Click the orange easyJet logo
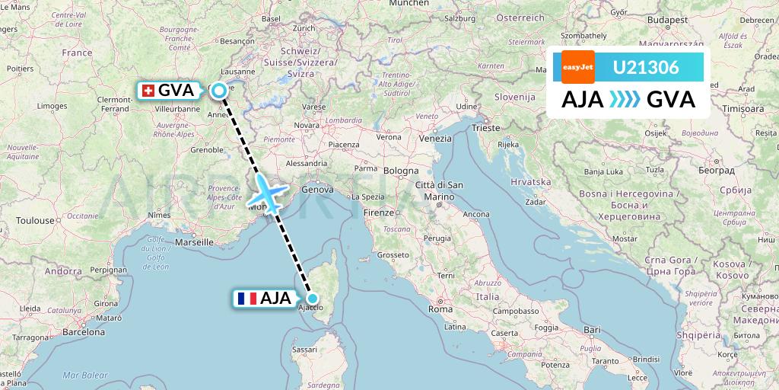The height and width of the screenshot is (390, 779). [x=577, y=67]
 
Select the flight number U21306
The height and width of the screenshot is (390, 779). [x=646, y=67]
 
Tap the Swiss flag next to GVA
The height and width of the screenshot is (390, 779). [x=148, y=91]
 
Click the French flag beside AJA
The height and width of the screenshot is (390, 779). [x=246, y=299]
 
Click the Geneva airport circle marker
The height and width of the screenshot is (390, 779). [x=219, y=91]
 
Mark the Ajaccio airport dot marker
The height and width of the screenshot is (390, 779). [x=312, y=298]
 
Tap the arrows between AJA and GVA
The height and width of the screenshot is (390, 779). [x=625, y=100]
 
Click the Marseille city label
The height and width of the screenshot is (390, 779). [x=193, y=241]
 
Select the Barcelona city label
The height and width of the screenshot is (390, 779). [x=84, y=332]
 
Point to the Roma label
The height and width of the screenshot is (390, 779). [x=440, y=309]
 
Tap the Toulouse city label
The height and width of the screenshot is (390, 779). [x=37, y=221]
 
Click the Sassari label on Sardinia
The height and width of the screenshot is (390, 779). [x=304, y=350]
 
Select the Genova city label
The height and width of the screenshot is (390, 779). [x=317, y=189]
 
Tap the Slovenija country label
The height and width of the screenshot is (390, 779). [x=515, y=97]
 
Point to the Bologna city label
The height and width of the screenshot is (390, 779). [x=401, y=171]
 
